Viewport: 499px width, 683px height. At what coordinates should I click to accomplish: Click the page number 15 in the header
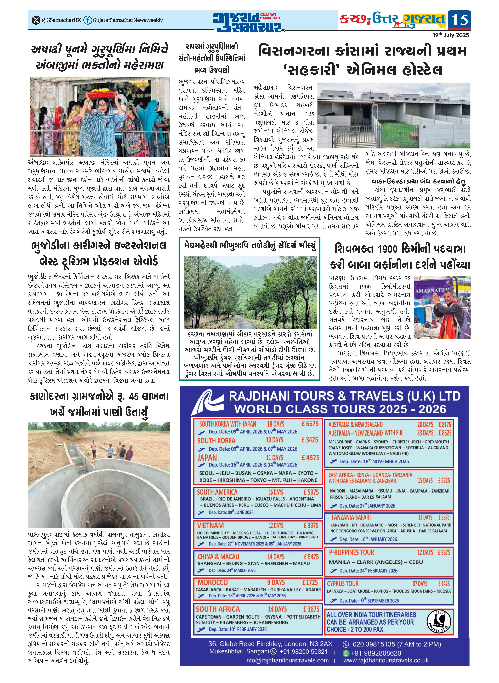pyautogui.click(x=459, y=20)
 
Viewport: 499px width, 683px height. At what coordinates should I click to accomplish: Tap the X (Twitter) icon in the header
pyautogui.click(x=36, y=20)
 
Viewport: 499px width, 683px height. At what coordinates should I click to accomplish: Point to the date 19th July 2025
pyautogui.click(x=450, y=35)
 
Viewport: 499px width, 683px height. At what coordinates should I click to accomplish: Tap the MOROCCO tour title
pyautogui.click(x=212, y=582)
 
